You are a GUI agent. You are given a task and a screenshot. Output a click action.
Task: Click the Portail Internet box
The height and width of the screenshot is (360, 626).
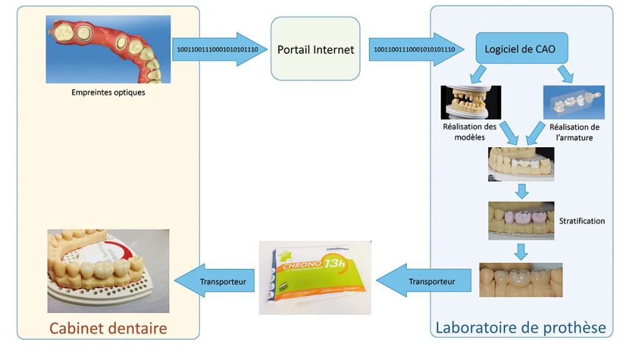[316, 49]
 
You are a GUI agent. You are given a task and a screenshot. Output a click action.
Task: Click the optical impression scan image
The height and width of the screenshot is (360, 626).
[108, 49]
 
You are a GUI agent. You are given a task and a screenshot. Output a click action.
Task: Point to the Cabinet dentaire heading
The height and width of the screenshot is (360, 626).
[108, 327]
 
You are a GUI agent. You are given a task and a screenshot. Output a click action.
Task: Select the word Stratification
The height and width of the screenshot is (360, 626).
[582, 221]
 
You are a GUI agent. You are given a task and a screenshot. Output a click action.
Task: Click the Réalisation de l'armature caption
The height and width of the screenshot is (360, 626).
[570, 132]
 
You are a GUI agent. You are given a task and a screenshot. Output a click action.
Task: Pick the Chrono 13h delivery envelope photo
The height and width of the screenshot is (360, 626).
[316, 277]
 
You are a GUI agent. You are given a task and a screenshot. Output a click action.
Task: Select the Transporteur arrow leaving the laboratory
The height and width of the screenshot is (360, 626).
[428, 282]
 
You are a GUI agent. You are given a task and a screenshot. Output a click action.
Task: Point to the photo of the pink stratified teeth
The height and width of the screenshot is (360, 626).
[521, 220]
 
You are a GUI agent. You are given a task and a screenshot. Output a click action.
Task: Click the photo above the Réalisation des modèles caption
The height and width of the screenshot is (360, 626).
[471, 102]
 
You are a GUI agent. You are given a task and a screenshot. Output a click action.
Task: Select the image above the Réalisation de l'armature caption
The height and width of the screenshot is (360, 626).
[574, 102]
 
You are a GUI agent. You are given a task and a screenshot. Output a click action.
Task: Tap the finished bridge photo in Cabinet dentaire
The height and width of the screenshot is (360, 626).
[108, 270]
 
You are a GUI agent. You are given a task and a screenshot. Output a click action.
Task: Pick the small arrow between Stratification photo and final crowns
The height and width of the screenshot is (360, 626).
[521, 251]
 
